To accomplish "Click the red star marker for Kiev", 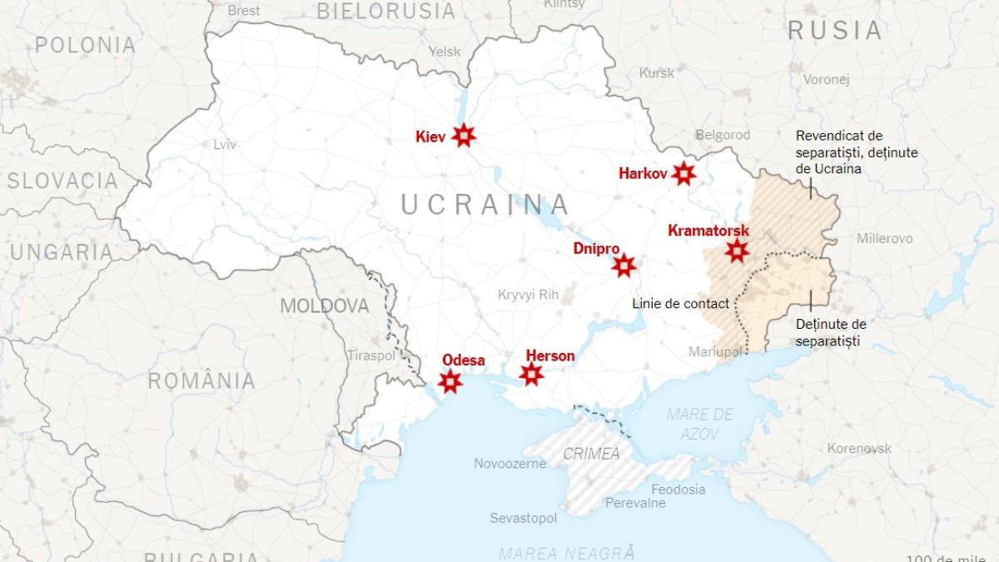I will coord(464,136).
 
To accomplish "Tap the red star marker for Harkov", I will coord(683,173).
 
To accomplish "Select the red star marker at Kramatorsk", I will coord(736,250).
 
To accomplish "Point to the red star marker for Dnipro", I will coord(624,266).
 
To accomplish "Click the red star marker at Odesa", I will coord(450,381).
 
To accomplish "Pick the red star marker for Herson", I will coord(531,375).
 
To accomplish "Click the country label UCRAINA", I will coord(485,204).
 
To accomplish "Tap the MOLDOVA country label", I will coord(324,306).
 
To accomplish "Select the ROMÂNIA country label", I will coord(201,381).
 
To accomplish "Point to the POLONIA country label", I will coord(85,45).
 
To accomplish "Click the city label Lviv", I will coord(225,144).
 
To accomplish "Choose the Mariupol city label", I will coord(714,352).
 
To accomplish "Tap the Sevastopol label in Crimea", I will coord(523,518).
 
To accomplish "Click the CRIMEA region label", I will coord(591,454).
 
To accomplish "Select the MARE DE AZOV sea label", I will coord(700,423).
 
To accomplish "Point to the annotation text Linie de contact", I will coord(680,303).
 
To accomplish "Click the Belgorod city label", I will coord(723,135).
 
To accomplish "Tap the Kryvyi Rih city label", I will coord(527,294).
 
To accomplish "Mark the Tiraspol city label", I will coord(371,356).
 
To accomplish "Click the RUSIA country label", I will coord(834,31).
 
